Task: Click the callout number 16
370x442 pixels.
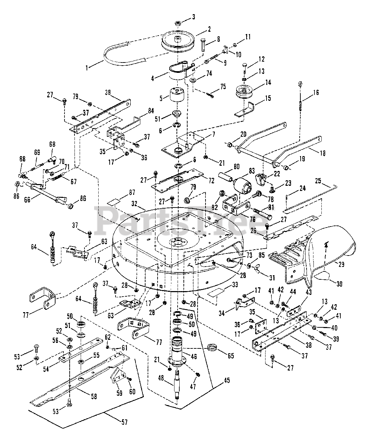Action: pyautogui.click(x=316, y=93)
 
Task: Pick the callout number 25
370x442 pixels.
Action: pyautogui.click(x=318, y=181)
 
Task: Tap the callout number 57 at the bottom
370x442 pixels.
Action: pyautogui.click(x=124, y=422)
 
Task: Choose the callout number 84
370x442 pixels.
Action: pyautogui.click(x=151, y=111)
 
